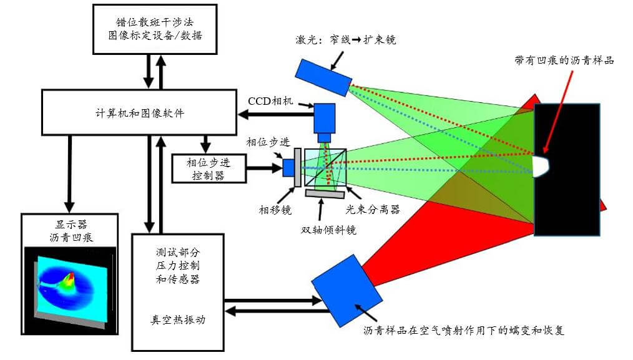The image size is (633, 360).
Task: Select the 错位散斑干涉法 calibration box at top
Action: click(x=155, y=30)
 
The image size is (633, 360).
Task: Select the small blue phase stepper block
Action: click(x=288, y=167)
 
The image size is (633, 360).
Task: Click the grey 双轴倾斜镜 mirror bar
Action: click(x=324, y=194)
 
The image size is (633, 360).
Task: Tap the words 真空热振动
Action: click(x=178, y=319)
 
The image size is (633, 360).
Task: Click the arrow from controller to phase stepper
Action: click(x=262, y=167)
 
